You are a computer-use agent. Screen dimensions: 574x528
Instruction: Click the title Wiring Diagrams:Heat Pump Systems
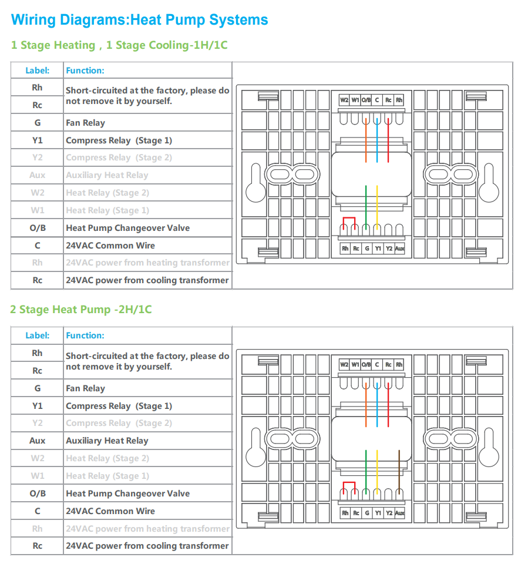[139, 19]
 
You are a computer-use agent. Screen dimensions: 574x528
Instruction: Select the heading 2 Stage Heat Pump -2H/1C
[80, 309]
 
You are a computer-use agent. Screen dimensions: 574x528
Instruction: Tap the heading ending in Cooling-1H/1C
[119, 45]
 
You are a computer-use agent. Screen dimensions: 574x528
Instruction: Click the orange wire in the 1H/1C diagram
[366, 141]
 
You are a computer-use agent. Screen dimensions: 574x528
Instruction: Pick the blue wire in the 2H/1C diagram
[376, 405]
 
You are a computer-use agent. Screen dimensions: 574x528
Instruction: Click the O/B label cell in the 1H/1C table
[38, 228]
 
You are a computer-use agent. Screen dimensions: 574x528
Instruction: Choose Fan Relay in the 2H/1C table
[86, 388]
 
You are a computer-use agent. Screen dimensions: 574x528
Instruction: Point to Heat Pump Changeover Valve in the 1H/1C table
[127, 228]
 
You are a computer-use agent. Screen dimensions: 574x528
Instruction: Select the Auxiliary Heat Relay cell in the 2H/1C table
[107, 441]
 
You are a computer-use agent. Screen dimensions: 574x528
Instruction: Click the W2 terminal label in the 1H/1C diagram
[344, 100]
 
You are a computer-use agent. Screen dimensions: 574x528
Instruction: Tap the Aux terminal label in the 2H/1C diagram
[399, 513]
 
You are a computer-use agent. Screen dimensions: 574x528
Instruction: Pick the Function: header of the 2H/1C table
[85, 335]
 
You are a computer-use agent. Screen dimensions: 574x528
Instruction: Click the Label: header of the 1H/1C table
[38, 71]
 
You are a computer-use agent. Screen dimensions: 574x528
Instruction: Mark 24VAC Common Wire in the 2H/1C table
[110, 511]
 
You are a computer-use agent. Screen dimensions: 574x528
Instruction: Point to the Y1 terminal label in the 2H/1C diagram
[378, 513]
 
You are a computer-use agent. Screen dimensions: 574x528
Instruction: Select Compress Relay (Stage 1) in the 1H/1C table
[119, 140]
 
